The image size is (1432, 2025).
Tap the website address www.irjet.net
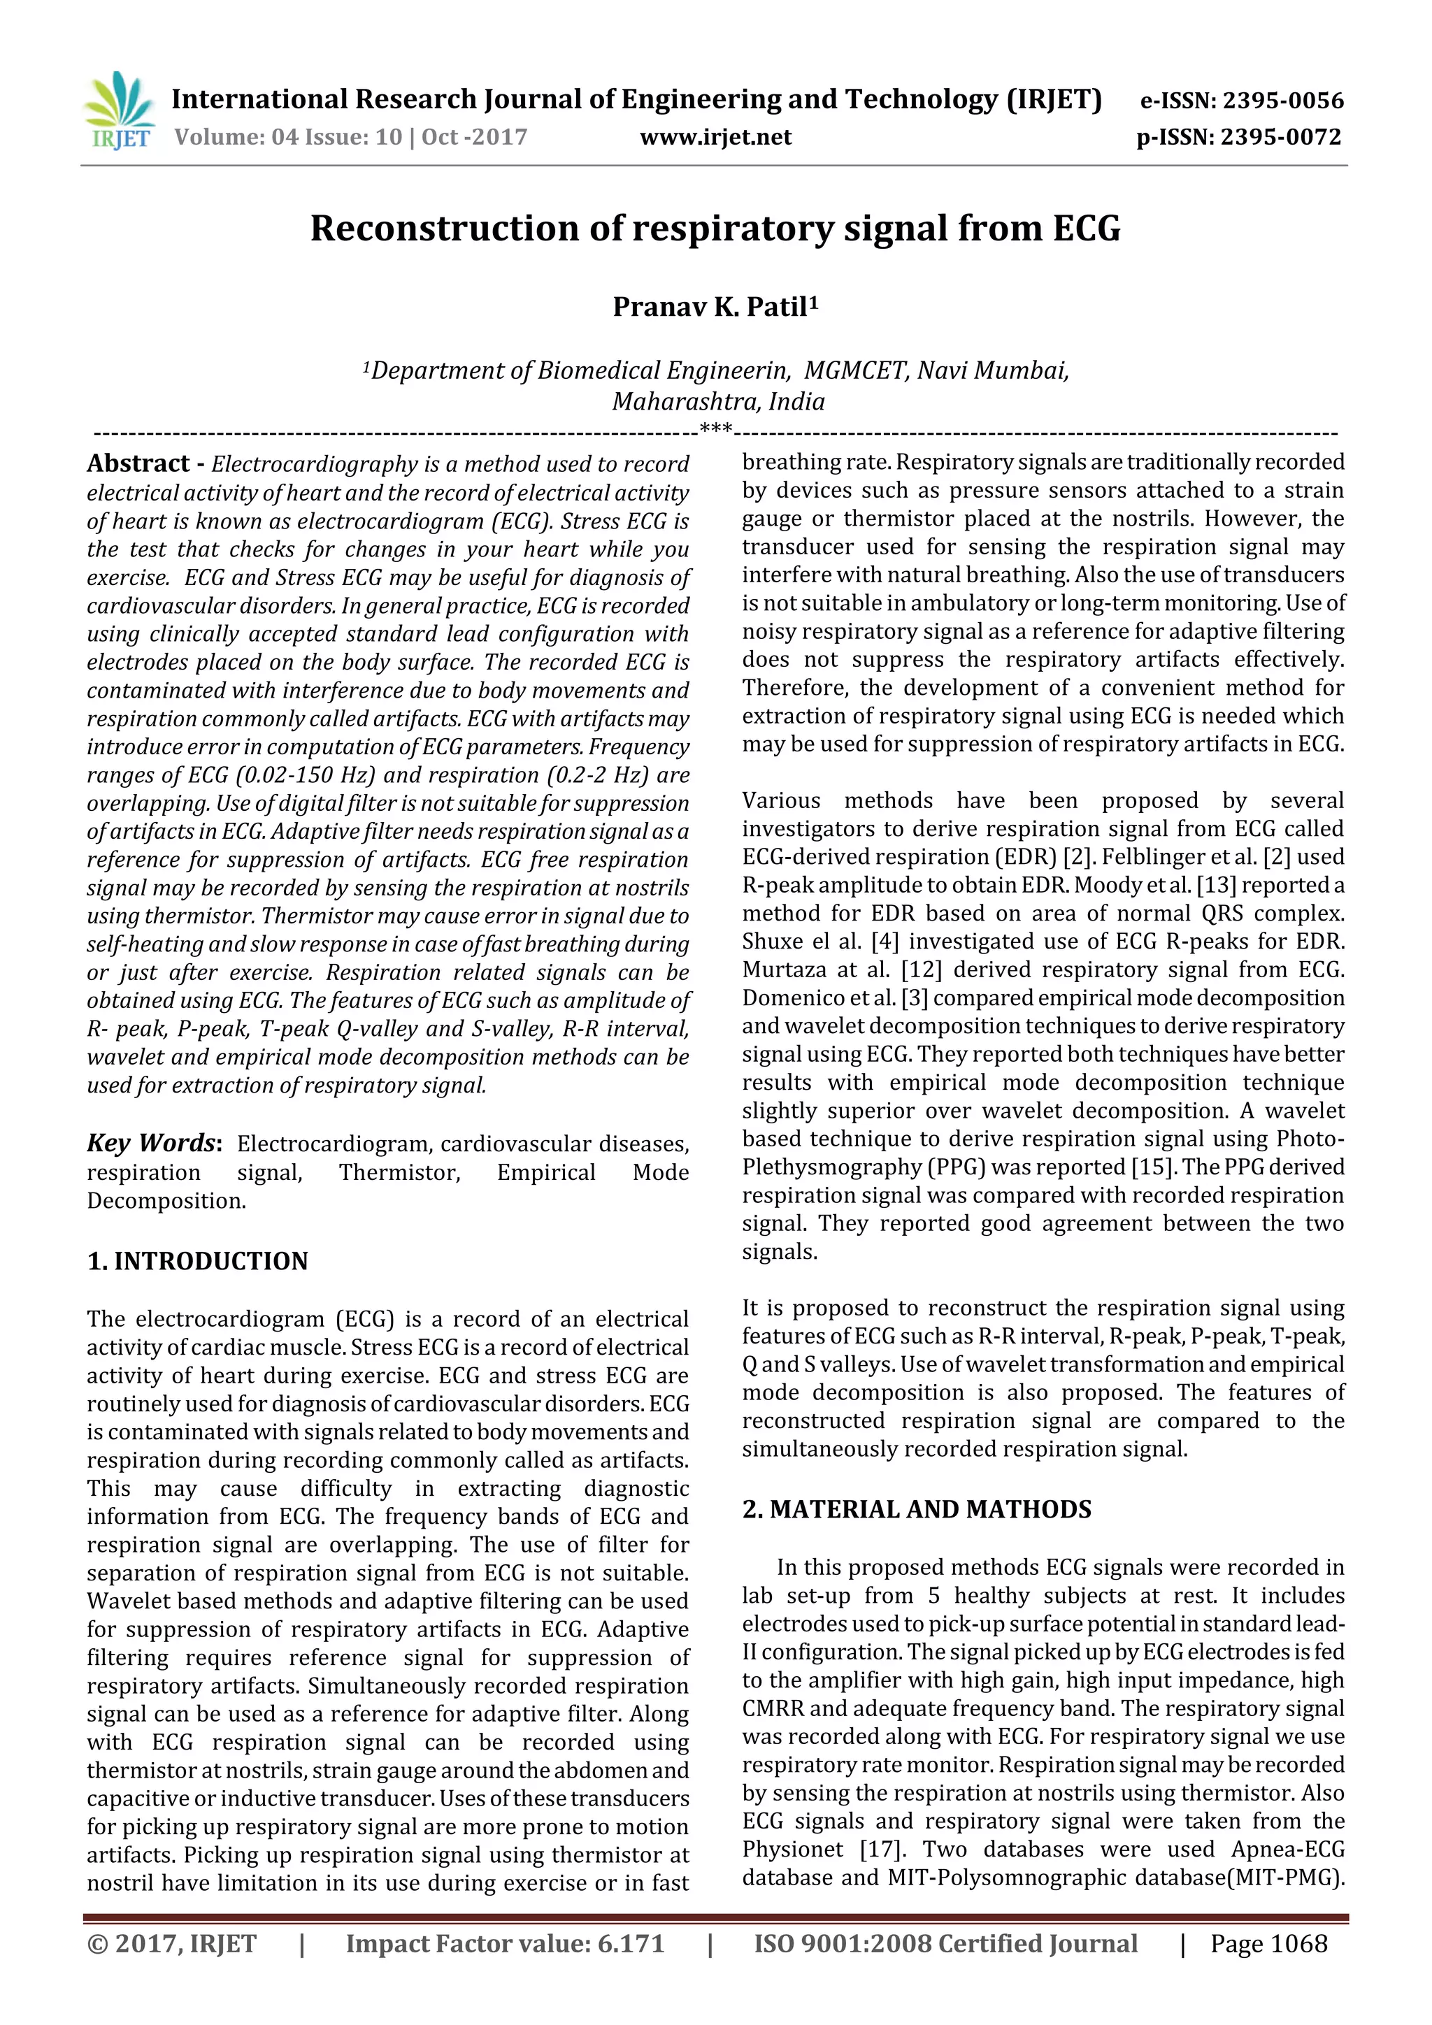tap(715, 137)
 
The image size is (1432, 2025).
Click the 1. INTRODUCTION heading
tap(198, 1261)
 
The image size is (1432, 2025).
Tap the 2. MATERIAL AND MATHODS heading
tap(916, 1509)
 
